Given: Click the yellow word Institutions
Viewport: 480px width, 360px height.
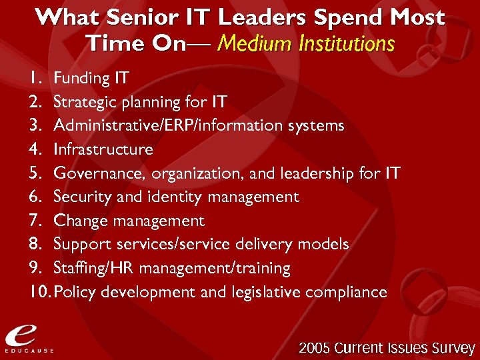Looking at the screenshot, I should pos(347,44).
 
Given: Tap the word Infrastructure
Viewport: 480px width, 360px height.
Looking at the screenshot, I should pos(103,149).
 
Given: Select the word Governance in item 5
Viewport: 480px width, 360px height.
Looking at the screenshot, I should pos(100,174).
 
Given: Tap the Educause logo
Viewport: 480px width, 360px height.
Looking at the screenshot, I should pos(28,337).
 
